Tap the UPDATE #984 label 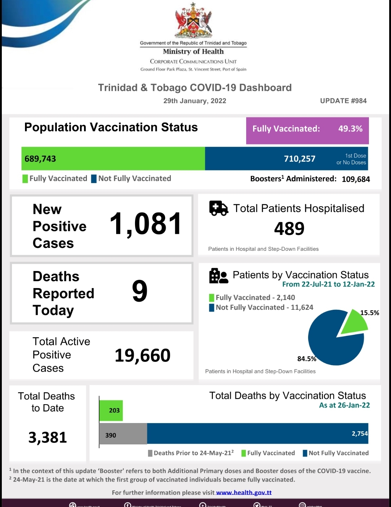coord(343,101)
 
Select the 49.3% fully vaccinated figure coord(350,129)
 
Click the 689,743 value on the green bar coord(40,159)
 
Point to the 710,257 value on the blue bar coord(299,159)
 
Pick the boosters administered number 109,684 coord(356,179)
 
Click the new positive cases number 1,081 coord(145,224)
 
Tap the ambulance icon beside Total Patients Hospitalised coord(218,208)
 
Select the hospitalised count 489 coord(289,229)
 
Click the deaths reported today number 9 coord(140,291)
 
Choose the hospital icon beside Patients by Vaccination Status coord(218,276)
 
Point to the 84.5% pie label coord(307,359)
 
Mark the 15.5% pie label coord(369,313)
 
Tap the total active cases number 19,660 coord(142,355)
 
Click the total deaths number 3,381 coord(48,438)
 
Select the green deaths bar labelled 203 coord(111,410)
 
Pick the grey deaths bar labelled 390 coord(123,434)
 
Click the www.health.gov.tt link coord(244,493)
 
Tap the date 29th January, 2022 coord(195,101)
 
